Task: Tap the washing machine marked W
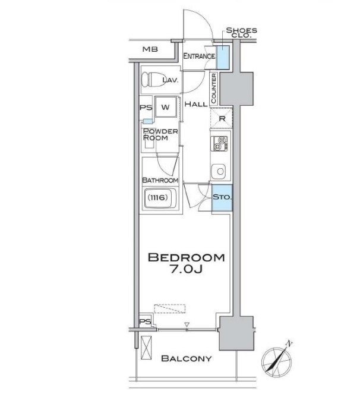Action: pos(165,107)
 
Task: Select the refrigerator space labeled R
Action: pos(222,118)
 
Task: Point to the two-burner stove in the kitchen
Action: pos(219,143)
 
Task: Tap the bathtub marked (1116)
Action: pos(160,198)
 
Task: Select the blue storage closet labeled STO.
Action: pos(222,197)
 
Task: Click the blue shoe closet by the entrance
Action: pos(223,58)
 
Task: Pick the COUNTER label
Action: pos(214,88)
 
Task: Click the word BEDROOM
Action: pos(186,257)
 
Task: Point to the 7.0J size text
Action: pos(187,269)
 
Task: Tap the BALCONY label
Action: pos(186,358)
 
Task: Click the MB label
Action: pos(150,49)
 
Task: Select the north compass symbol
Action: pos(277,359)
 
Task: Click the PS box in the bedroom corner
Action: pos(146,321)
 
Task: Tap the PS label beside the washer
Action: pos(146,108)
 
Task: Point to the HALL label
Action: pos(196,104)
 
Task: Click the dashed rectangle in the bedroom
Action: pos(169,308)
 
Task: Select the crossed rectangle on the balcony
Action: pos(146,348)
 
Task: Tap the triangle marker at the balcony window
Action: pos(187,324)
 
